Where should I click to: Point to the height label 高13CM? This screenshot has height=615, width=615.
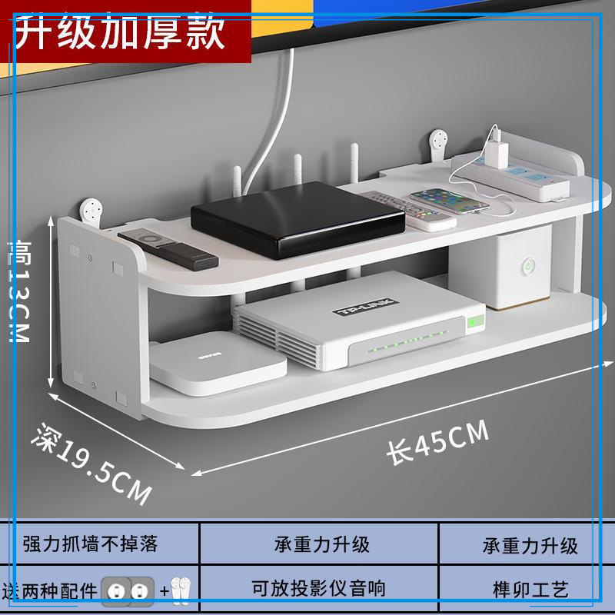tap(17, 291)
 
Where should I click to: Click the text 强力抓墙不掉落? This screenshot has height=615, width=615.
tap(91, 544)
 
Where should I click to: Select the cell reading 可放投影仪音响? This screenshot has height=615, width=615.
tap(318, 589)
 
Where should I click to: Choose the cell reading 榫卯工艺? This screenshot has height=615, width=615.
tap(530, 590)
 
